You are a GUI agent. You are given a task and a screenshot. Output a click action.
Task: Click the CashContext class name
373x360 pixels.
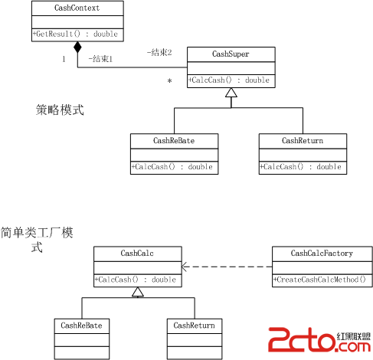(x=77, y=8)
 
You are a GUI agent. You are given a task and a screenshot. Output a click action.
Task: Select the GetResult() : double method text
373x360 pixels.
(x=75, y=34)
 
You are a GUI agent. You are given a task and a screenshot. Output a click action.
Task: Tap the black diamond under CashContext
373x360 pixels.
(x=77, y=47)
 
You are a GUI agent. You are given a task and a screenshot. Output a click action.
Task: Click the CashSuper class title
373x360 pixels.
(x=231, y=54)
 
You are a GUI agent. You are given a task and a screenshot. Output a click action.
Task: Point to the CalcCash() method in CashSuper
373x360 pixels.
(x=229, y=80)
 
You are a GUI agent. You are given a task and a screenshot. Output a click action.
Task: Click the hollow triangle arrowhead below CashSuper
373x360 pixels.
(x=231, y=93)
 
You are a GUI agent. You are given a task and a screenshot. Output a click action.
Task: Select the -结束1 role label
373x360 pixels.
(x=100, y=59)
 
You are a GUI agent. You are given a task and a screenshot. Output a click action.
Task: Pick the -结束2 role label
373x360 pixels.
(x=159, y=53)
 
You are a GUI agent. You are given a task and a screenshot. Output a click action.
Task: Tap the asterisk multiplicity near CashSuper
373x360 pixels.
(x=169, y=81)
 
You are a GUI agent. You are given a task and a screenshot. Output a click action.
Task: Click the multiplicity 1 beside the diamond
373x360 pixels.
(x=64, y=59)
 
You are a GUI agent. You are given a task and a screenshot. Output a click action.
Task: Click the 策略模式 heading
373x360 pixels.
(x=60, y=110)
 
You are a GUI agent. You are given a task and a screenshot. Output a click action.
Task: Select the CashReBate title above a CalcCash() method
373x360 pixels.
(x=174, y=141)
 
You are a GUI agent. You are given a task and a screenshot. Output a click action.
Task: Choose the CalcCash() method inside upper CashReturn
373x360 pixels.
(x=300, y=167)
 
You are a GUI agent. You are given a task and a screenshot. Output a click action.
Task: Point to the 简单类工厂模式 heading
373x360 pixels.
(x=37, y=240)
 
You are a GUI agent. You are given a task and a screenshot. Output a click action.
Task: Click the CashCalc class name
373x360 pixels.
(x=137, y=254)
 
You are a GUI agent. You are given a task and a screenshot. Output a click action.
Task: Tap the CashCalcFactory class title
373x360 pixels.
(x=322, y=254)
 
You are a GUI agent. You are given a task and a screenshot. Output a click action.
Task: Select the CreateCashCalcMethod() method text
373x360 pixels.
(x=319, y=280)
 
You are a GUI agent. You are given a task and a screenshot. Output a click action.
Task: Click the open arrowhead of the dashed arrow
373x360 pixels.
(x=184, y=267)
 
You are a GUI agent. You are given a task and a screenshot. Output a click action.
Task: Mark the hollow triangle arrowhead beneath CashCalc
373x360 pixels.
(x=138, y=292)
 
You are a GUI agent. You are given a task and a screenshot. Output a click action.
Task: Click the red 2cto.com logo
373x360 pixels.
(x=319, y=340)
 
